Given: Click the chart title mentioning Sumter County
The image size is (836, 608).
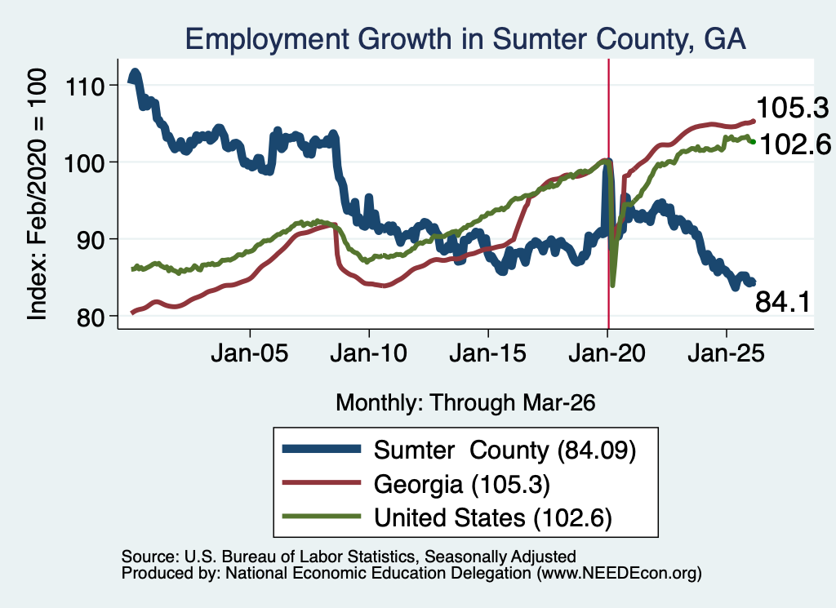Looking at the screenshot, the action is [465, 39].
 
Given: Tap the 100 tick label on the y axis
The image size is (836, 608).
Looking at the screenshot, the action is [84, 162].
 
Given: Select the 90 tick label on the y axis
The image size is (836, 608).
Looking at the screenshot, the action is [90, 239].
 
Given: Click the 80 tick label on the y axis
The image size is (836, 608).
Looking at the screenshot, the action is [90, 317].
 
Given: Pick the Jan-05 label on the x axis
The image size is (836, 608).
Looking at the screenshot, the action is [250, 353].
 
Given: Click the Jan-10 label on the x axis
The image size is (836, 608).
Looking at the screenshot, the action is [368, 353].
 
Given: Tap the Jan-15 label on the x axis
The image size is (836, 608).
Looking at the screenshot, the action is [488, 353].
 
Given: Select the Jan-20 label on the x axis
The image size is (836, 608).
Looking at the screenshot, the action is [607, 353].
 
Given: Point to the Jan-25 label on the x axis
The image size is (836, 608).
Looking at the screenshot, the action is [726, 353].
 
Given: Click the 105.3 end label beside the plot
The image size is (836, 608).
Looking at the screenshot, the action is [792, 109].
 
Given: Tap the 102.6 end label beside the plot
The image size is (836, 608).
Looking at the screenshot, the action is [795, 144].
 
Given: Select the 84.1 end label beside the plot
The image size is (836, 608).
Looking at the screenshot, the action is [783, 302].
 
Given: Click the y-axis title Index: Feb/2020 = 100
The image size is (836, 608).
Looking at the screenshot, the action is [37, 194].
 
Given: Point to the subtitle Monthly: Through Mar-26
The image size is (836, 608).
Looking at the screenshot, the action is [465, 402].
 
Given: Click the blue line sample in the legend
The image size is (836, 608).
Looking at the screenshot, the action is [322, 449].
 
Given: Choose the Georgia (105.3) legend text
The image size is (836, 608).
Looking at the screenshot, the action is [462, 485].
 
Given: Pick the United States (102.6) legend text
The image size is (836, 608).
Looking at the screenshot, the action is [492, 518].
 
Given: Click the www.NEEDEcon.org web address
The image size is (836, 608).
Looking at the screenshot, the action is [620, 573].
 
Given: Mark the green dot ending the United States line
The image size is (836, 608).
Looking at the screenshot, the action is [754, 142].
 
